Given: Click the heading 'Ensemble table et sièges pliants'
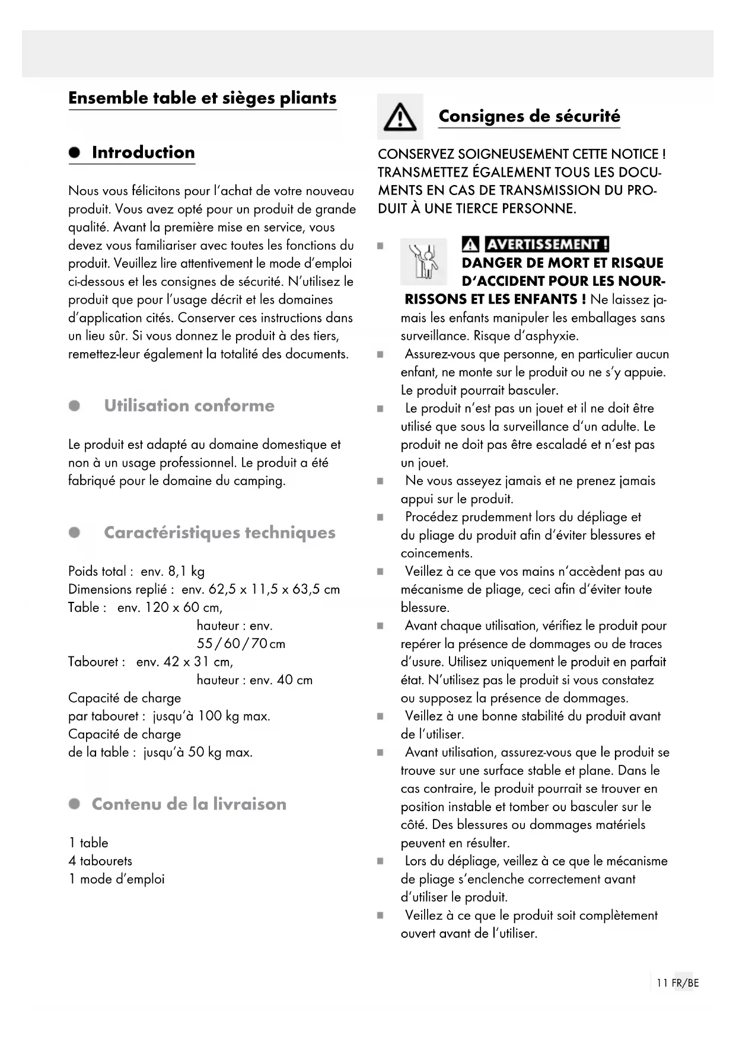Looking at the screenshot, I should (202, 98).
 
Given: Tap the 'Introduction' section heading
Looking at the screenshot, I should (143, 152).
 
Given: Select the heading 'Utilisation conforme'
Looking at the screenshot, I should (189, 406).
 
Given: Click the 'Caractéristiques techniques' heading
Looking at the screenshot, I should (219, 532).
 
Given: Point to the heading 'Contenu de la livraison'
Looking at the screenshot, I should (189, 804).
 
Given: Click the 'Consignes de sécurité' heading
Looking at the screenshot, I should (529, 116).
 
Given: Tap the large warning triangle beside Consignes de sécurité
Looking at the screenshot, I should (400, 117).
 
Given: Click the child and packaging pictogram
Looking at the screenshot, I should (423, 261).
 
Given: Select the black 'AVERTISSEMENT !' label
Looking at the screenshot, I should (547, 244).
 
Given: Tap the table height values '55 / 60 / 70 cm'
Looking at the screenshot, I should (241, 644).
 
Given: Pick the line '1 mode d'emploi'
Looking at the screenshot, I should (116, 879).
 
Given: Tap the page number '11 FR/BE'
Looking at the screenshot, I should (677, 983).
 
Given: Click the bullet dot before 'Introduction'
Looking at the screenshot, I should (74, 152).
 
